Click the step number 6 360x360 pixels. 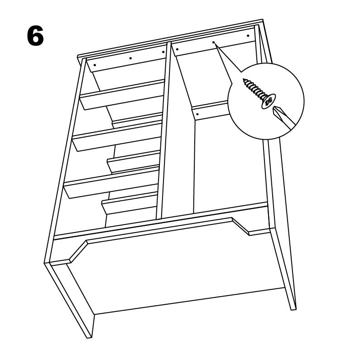click(35, 36)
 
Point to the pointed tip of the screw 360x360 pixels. click(244, 80)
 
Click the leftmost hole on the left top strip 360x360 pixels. click(95, 64)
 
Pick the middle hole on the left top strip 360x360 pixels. click(130, 58)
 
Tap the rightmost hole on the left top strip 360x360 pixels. click(163, 52)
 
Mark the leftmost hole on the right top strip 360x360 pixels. click(177, 49)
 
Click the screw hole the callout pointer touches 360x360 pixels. click(214, 42)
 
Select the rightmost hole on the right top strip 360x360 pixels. click(248, 36)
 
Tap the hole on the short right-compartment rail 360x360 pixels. click(197, 114)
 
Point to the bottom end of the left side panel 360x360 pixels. click(90, 338)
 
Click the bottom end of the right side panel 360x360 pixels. click(293, 309)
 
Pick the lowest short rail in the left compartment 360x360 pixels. click(130, 203)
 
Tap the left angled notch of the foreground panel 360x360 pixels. click(78, 251)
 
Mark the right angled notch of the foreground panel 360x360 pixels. click(240, 226)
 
